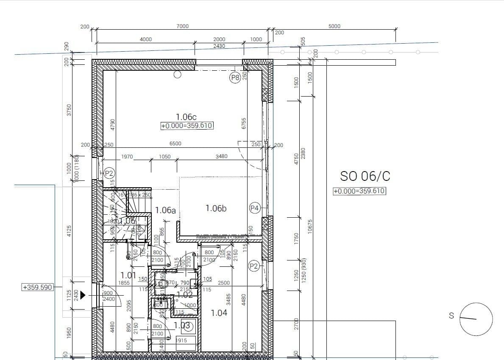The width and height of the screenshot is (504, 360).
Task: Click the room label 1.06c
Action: click(x=186, y=116)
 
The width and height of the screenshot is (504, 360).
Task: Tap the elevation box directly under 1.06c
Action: click(x=187, y=126)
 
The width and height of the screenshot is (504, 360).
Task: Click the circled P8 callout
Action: click(x=235, y=78)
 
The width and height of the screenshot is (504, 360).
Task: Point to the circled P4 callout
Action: click(x=254, y=208)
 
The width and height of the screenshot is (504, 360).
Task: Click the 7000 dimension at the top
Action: click(x=182, y=26)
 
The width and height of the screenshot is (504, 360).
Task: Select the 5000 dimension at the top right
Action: click(x=334, y=26)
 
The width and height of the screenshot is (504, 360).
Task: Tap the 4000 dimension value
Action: click(x=145, y=39)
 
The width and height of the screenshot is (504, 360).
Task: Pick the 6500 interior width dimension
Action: click(x=175, y=144)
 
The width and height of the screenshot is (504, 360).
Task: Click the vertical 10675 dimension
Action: click(x=310, y=226)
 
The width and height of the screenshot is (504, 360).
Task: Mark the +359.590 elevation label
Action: click(x=37, y=287)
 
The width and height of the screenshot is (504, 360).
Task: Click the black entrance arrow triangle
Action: click(x=83, y=295)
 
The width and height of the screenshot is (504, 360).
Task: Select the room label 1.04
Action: click(x=219, y=313)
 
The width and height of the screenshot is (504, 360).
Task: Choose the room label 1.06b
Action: click(x=216, y=208)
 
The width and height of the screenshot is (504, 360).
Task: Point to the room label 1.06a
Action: click(x=165, y=210)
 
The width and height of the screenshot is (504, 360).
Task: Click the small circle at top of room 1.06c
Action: click(x=178, y=75)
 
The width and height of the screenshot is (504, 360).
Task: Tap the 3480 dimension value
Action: click(x=221, y=156)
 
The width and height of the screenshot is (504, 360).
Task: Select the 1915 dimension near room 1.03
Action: click(x=181, y=340)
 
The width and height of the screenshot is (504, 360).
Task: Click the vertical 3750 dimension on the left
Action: click(x=69, y=111)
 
